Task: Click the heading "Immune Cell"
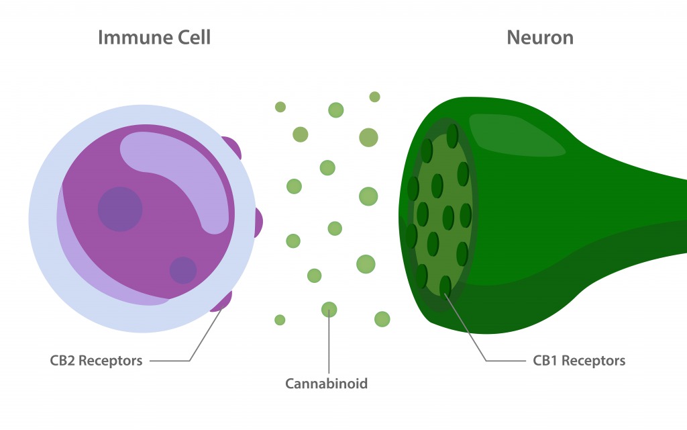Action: (154, 37)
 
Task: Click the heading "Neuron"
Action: (540, 37)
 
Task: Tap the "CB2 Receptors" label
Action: (96, 361)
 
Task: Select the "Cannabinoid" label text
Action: (327, 384)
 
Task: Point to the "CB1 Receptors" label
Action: (579, 361)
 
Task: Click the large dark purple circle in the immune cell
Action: (120, 209)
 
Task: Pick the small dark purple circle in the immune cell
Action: (182, 270)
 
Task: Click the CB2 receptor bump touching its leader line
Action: (222, 302)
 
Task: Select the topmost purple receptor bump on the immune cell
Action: (231, 148)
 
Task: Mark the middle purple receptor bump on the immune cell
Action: (256, 222)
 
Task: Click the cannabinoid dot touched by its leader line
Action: (329, 309)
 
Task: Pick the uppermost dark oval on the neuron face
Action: (452, 135)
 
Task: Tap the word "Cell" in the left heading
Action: (193, 37)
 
